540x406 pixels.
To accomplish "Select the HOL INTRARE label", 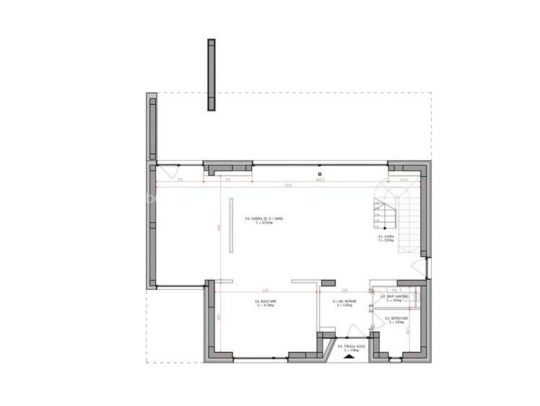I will (342, 302).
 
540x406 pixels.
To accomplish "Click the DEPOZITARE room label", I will (396, 319).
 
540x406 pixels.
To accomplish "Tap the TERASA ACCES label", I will (352, 348).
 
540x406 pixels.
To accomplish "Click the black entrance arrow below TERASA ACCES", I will (350, 356).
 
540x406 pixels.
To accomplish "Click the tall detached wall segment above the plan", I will (211, 74).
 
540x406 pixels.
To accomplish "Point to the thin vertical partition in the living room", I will (231, 224).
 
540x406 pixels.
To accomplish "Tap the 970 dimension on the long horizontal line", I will (268, 185).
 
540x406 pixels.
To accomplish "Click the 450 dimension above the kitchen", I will (265, 291).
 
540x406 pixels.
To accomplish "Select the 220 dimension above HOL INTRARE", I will (345, 291).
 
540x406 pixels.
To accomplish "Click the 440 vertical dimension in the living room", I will (219, 229).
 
